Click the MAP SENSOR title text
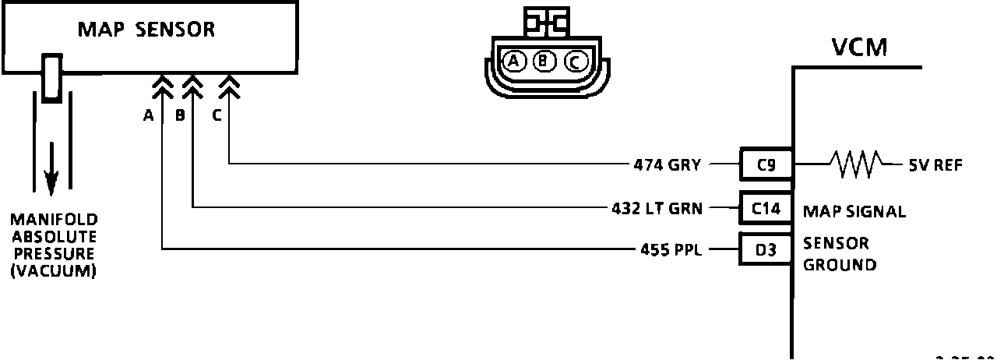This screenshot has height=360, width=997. click(146, 30)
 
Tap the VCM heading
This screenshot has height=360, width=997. click(859, 48)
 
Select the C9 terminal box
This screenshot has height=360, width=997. click(766, 164)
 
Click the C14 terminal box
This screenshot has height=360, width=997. click(766, 208)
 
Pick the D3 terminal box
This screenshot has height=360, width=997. click(766, 251)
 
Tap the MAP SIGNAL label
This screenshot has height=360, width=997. click(854, 212)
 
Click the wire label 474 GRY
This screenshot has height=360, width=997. click(667, 164)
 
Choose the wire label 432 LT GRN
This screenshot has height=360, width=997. click(657, 208)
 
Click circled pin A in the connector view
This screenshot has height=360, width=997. click(513, 61)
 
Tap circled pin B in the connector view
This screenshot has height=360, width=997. click(544, 61)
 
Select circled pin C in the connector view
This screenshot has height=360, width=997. click(574, 61)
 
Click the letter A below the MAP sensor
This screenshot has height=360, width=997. click(147, 116)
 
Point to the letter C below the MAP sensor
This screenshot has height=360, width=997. click(216, 116)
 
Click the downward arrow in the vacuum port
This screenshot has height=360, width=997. click(51, 168)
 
